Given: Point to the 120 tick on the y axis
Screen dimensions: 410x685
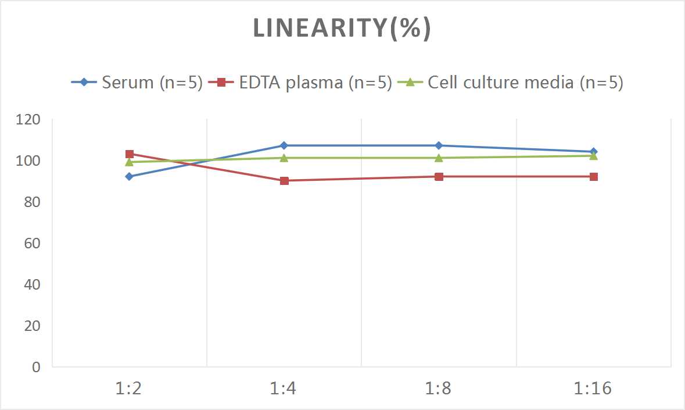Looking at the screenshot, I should tap(29, 120).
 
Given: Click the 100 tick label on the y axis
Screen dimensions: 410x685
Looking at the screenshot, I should tap(29, 161).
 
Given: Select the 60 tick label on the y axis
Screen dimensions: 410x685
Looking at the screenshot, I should tap(32, 243).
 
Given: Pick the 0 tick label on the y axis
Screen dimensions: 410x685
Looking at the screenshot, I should tap(36, 367).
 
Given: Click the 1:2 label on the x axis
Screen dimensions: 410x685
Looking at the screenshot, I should tap(129, 388).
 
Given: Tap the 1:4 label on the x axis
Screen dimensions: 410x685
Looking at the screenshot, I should tap(284, 388).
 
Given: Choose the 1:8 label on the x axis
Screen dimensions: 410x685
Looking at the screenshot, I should tap(439, 388).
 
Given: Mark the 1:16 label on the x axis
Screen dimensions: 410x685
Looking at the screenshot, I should tap(593, 388).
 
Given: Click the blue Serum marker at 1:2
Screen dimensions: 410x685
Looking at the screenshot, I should tap(130, 176).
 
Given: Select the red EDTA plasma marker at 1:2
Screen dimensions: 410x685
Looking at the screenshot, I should tap(130, 154).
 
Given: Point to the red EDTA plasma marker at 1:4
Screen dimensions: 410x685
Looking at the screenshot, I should tap(284, 181).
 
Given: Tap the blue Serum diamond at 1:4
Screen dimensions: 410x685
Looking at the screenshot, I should tap(284, 145).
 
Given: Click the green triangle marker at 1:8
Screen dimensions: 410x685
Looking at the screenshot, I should tap(439, 158).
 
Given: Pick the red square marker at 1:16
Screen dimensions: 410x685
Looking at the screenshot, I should tap(593, 176).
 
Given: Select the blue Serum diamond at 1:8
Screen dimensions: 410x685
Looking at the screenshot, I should tap(439, 145).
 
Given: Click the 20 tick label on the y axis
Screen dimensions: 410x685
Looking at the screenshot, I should tap(32, 326).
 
